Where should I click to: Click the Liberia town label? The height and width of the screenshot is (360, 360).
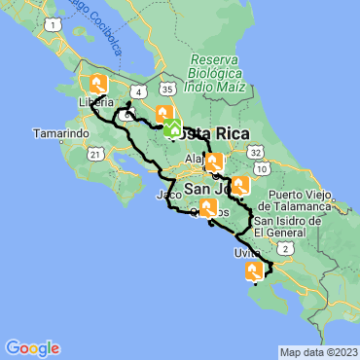(x=97, y=101)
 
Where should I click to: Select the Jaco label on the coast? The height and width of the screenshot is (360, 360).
(x=168, y=195)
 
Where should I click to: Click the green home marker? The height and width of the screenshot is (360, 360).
(x=173, y=128)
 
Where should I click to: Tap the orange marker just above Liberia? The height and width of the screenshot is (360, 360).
(x=97, y=85)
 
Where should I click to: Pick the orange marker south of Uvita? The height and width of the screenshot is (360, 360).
(x=253, y=271)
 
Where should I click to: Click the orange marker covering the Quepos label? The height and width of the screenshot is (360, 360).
(x=208, y=206)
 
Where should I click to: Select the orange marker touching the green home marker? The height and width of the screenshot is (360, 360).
(x=162, y=114)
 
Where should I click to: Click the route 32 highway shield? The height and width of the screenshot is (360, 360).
(x=254, y=153)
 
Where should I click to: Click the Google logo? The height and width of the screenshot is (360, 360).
(x=31, y=347)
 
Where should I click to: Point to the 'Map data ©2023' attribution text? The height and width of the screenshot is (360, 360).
(x=318, y=352)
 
